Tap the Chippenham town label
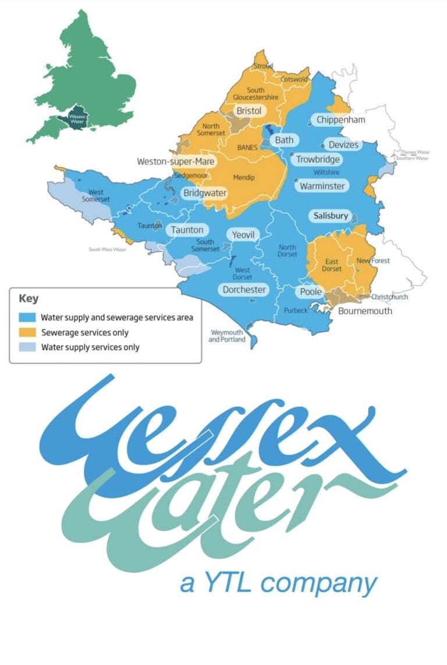[x=340, y=120]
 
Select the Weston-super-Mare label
[x=176, y=161]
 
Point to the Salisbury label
[x=331, y=216]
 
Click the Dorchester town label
[x=244, y=290]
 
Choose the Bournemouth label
[x=365, y=311]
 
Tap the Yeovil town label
[x=243, y=234]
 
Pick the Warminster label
[x=322, y=187]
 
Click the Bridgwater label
[x=205, y=193]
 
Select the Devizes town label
[x=343, y=145]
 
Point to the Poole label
[x=311, y=291]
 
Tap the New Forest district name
[x=373, y=261]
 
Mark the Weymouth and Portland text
[x=228, y=336]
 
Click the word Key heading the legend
[x=29, y=299]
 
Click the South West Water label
[x=107, y=249]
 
